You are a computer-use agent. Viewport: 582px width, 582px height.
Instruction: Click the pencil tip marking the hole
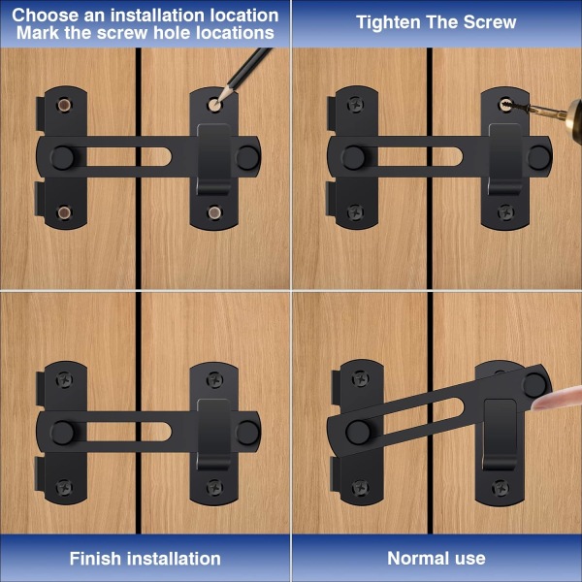point(217,100)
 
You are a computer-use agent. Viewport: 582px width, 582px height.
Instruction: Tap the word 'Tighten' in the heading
point(388,22)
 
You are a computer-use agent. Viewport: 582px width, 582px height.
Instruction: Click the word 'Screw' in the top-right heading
point(490,22)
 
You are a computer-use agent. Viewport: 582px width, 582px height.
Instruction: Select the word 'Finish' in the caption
point(95,559)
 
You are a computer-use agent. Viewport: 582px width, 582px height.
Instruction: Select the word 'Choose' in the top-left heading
point(46,16)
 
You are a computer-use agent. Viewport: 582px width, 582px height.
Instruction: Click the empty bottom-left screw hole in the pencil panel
point(64,212)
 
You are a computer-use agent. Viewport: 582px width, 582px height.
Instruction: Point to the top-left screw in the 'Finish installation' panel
point(64,380)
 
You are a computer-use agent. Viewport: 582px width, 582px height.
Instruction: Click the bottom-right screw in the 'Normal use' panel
point(500,487)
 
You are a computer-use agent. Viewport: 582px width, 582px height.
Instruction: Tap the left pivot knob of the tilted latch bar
point(358,433)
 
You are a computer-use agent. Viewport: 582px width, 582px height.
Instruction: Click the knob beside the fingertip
point(534,385)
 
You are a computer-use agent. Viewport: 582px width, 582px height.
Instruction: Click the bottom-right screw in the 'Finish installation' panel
point(214,487)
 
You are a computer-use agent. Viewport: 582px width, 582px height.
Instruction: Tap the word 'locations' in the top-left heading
point(235,33)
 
